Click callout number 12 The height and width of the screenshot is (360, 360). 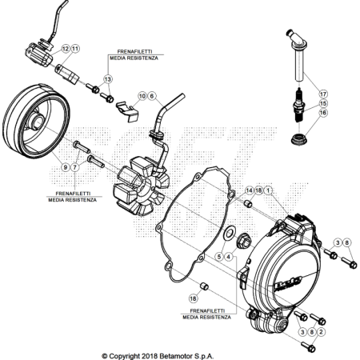(x=66, y=49)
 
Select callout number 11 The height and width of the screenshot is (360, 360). (x=75, y=49)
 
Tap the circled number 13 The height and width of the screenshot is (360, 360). (x=107, y=79)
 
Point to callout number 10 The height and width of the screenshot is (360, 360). (x=142, y=96)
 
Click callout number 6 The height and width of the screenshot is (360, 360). (x=152, y=96)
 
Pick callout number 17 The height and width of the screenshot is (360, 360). (x=323, y=94)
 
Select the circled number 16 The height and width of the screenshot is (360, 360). (x=323, y=113)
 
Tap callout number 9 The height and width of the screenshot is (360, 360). (x=65, y=167)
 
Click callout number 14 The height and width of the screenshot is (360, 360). (x=249, y=190)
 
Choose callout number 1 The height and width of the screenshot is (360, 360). (x=268, y=190)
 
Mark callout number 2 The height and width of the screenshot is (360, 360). (x=321, y=332)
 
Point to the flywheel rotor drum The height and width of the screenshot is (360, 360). (x=36, y=122)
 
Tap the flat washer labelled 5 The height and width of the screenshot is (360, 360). (x=229, y=234)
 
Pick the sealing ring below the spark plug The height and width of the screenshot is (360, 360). (x=298, y=140)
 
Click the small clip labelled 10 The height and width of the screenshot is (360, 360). (x=127, y=110)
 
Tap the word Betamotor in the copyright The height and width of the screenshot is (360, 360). (x=176, y=356)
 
